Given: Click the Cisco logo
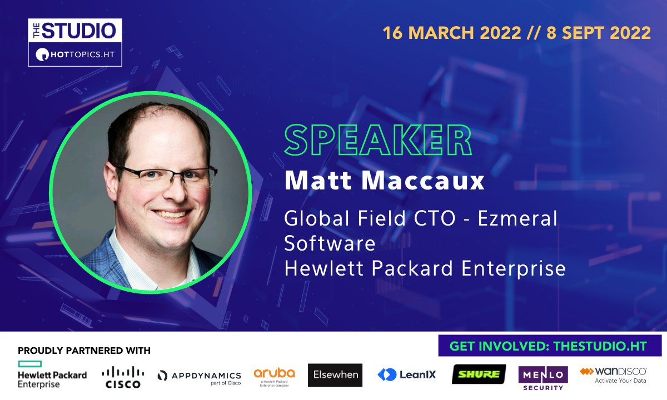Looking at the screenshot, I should [x=123, y=376].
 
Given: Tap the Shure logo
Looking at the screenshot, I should [x=479, y=374].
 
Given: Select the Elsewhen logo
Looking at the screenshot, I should [x=335, y=375].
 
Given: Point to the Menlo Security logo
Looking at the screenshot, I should [x=542, y=377].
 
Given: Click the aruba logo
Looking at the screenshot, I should [x=274, y=375].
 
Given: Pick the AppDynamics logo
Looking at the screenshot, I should [x=200, y=377].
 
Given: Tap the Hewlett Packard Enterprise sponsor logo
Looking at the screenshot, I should [x=52, y=373].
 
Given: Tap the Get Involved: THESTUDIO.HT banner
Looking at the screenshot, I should [x=548, y=346].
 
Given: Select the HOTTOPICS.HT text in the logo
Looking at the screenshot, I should [x=82, y=55].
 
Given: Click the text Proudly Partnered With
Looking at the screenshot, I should [x=84, y=351].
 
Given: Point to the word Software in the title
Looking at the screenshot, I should [x=330, y=243].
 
